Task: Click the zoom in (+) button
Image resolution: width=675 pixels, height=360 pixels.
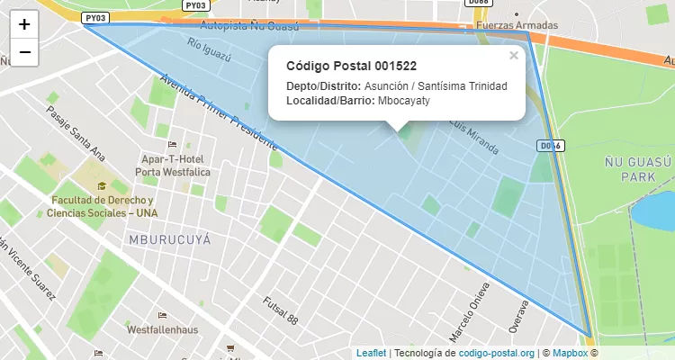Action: click(x=24, y=24)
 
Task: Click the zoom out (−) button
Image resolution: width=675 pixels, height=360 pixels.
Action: click(x=24, y=52)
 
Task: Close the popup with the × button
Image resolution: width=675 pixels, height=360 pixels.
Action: click(x=514, y=56)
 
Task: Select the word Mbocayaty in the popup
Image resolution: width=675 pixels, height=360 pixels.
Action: click(x=404, y=100)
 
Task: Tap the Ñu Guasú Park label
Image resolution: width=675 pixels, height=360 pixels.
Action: click(x=638, y=169)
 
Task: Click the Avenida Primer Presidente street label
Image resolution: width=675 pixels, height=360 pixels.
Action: click(x=217, y=112)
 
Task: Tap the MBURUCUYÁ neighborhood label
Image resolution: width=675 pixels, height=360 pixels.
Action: click(x=169, y=240)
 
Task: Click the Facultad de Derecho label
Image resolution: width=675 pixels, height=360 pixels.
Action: click(x=102, y=205)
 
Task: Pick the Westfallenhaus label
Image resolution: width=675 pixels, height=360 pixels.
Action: click(x=162, y=330)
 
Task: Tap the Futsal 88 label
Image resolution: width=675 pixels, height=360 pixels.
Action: click(x=280, y=310)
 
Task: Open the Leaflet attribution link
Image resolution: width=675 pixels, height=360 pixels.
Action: click(x=371, y=354)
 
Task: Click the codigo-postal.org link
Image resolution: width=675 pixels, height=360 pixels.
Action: click(x=496, y=354)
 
